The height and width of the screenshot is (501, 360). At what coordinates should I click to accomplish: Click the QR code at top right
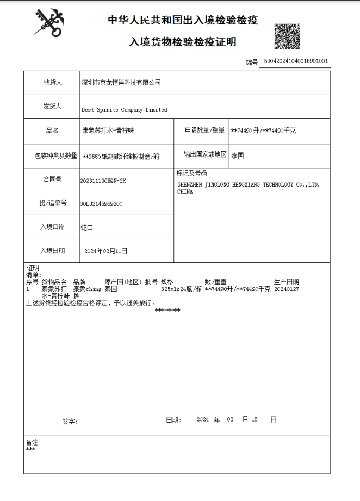point(287,36)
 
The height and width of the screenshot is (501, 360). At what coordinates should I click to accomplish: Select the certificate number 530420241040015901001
point(295,61)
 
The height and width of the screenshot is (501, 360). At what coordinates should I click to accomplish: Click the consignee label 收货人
point(53,83)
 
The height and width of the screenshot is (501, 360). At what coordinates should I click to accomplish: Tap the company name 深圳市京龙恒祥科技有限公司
point(121,83)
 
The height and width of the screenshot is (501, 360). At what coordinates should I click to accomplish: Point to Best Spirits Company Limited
point(125,110)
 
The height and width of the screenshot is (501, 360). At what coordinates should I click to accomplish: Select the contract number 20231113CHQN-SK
point(103,180)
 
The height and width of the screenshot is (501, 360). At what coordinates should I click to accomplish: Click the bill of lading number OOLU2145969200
point(101,203)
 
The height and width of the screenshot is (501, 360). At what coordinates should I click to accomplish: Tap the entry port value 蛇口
point(86,227)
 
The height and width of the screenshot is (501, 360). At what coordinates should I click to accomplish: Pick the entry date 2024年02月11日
point(106,251)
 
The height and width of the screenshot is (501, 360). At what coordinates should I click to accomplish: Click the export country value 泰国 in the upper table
point(237,155)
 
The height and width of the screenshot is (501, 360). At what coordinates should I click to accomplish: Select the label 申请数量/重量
point(204,131)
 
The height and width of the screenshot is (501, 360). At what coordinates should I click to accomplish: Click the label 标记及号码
point(191,174)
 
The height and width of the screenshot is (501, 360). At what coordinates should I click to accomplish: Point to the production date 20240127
point(286,289)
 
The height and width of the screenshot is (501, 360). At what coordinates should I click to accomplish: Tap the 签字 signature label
point(70,421)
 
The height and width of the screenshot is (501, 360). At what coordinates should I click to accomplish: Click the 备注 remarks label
point(32,443)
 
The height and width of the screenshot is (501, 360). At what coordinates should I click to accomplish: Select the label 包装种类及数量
point(53,156)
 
